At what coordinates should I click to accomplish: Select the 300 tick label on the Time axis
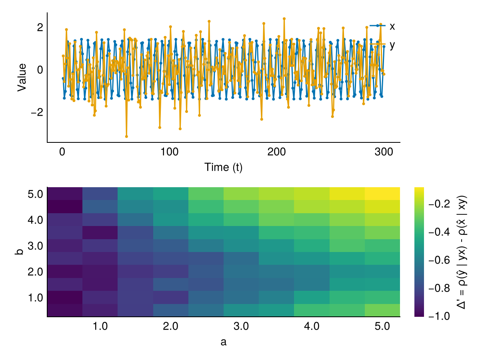pos(384,152)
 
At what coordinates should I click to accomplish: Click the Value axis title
pos(22,77)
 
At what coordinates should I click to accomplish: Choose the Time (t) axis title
pos(223,168)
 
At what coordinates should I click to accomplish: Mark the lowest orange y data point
pos(126,136)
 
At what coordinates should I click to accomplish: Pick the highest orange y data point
pos(284,18)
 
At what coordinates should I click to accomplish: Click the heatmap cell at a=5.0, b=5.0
pos(382,194)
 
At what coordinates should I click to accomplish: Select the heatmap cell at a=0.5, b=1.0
pos(65,297)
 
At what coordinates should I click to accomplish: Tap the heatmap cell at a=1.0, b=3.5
pos(100,232)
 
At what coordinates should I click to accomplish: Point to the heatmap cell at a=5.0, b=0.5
pos(382,310)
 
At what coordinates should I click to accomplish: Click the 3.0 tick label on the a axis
pos(241,326)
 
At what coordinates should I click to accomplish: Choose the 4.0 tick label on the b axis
pos(35,220)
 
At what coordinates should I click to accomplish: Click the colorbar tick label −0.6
pos(439,260)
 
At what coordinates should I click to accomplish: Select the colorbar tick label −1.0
pos(439,316)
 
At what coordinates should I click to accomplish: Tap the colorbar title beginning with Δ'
pos(462,252)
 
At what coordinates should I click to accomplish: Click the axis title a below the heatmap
pos(223,342)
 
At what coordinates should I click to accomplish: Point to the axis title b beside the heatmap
pos(19,252)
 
